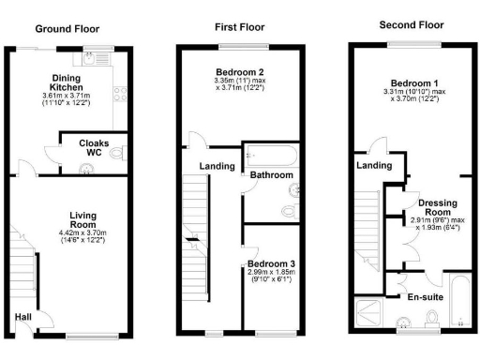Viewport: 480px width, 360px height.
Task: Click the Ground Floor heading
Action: tap(67, 29)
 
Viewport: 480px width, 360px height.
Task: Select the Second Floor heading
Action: tap(410, 23)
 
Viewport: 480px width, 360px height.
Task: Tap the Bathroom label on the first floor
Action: tap(272, 175)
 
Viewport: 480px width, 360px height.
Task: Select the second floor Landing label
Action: tap(374, 166)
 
